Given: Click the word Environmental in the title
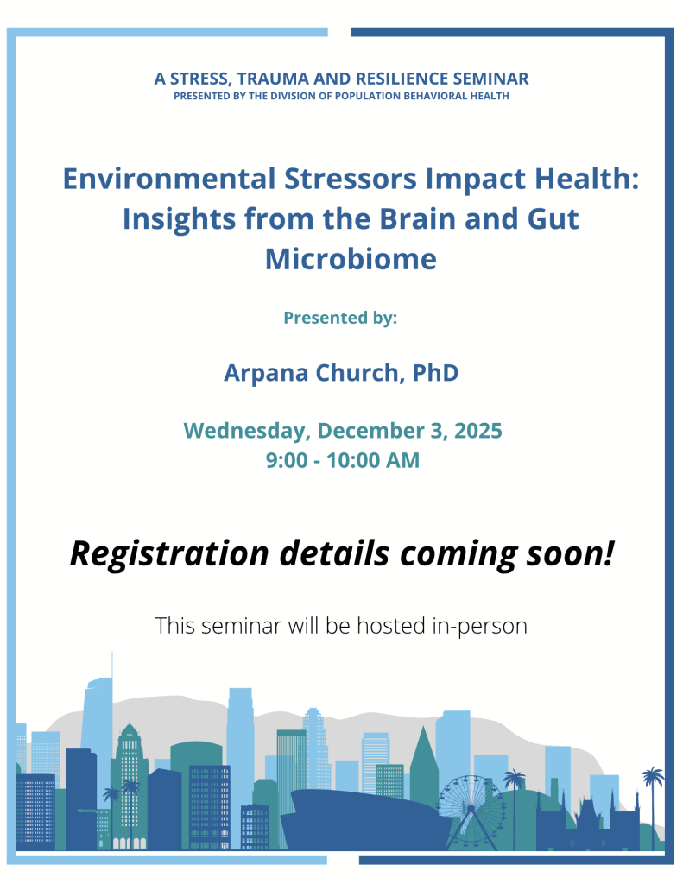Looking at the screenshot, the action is [x=168, y=180].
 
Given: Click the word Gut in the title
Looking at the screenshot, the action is [x=553, y=219].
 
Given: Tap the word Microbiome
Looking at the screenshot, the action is [x=351, y=260].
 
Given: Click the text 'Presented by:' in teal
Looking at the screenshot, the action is [x=340, y=318].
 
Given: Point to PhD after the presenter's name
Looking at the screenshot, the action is [x=435, y=373].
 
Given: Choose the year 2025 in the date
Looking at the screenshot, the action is [x=478, y=431].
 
